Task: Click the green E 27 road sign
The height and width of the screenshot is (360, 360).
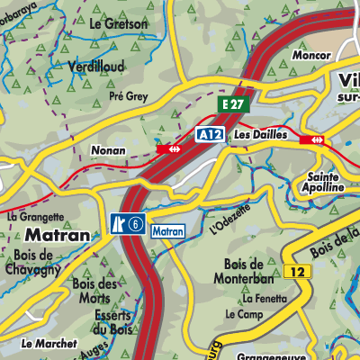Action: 234,105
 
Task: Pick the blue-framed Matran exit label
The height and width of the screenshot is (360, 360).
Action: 167,230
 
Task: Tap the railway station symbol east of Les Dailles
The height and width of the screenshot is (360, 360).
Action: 316,139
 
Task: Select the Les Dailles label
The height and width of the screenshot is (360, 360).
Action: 260,134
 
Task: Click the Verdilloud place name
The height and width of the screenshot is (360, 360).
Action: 95,66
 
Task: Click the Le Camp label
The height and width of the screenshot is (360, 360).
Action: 243,314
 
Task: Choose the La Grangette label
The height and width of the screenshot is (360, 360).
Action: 35,216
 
